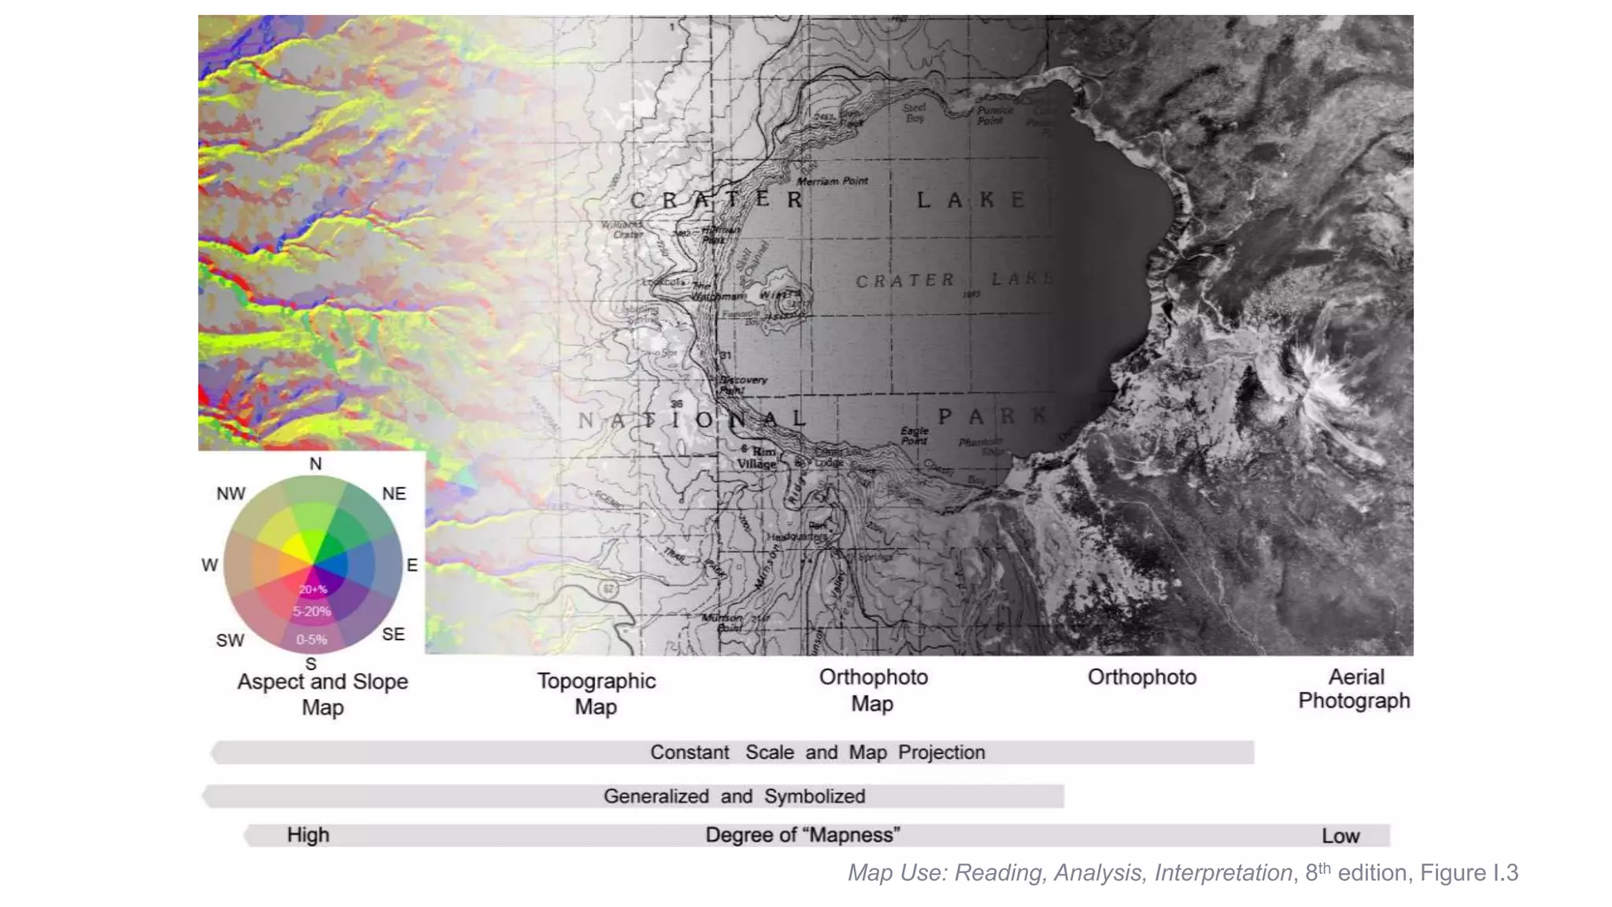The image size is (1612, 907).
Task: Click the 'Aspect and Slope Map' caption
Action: pyautogui.click(x=323, y=694)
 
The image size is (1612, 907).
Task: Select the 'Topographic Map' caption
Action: pyautogui.click(x=596, y=694)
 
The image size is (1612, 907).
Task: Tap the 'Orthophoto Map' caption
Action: pyautogui.click(x=873, y=690)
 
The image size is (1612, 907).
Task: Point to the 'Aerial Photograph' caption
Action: pyautogui.click(x=1355, y=688)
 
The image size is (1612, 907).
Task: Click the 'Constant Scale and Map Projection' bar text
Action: pyautogui.click(x=817, y=753)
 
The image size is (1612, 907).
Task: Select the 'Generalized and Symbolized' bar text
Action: pyautogui.click(x=734, y=797)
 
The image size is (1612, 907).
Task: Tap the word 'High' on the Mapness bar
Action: pyautogui.click(x=308, y=835)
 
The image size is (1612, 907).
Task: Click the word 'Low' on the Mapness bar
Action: pyautogui.click(x=1340, y=836)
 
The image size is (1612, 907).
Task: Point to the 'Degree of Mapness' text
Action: pyautogui.click(x=802, y=835)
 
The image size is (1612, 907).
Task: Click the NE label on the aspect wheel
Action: pyautogui.click(x=394, y=494)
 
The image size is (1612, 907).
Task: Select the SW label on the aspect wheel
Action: pyautogui.click(x=230, y=641)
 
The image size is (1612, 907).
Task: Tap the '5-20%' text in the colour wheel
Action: pyautogui.click(x=312, y=612)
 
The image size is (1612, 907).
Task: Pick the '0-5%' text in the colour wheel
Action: pyautogui.click(x=312, y=640)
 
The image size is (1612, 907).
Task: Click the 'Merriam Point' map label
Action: pyautogui.click(x=832, y=181)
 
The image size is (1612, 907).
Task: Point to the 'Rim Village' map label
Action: pyautogui.click(x=758, y=457)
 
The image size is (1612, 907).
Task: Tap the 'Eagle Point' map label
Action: pyautogui.click(x=915, y=435)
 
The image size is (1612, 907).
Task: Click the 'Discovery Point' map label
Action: pyautogui.click(x=742, y=384)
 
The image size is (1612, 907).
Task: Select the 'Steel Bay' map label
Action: pyautogui.click(x=915, y=113)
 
